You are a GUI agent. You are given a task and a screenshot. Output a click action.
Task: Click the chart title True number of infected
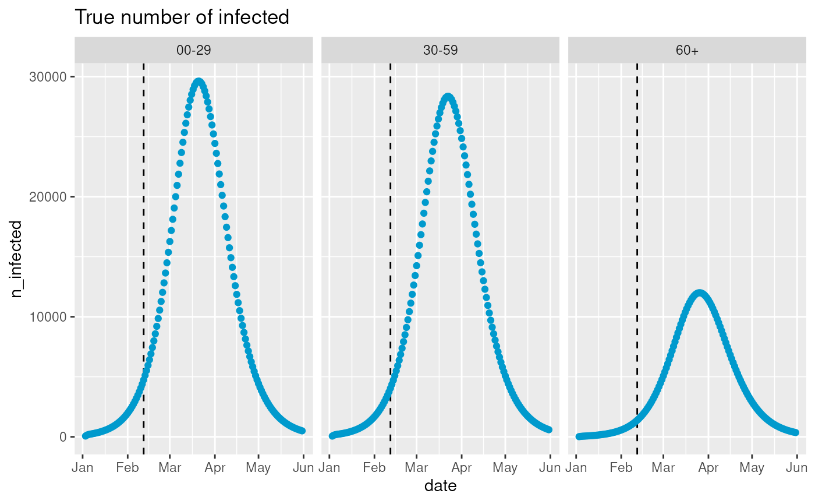click(x=182, y=17)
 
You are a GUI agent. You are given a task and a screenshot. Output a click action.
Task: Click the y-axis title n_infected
click(x=17, y=259)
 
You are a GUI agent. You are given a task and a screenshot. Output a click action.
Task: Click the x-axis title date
click(x=440, y=485)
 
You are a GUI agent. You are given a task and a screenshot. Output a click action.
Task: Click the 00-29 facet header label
click(x=193, y=51)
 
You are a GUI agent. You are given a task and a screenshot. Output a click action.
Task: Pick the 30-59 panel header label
click(x=440, y=51)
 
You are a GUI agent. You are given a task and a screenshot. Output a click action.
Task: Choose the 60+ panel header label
click(x=687, y=51)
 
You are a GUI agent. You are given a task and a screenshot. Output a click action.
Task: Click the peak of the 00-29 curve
click(x=199, y=82)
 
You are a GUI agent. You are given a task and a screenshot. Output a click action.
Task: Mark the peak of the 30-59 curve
click(x=448, y=97)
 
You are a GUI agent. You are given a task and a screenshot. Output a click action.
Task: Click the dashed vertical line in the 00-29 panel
click(x=144, y=233)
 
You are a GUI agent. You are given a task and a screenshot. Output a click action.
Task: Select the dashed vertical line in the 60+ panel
click(x=637, y=233)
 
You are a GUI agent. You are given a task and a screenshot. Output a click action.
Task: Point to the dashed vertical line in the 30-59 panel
click(x=390, y=233)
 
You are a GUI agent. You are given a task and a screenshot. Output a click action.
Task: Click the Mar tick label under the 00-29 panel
click(x=169, y=467)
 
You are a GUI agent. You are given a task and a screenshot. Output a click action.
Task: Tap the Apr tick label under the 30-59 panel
click(x=462, y=467)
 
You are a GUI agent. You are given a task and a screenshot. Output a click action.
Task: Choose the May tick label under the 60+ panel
click(x=752, y=467)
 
